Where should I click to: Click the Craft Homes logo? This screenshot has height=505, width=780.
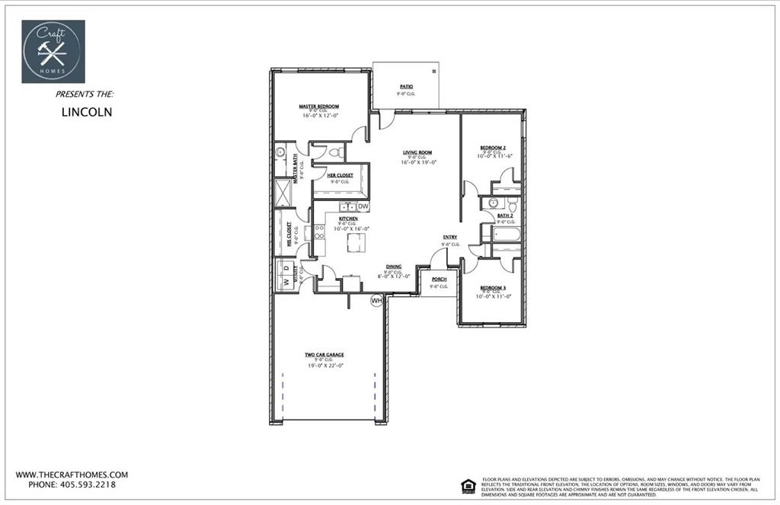pyautogui.click(x=53, y=51)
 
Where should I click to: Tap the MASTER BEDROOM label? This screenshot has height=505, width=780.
pyautogui.click(x=318, y=107)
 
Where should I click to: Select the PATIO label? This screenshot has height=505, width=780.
pyautogui.click(x=406, y=87)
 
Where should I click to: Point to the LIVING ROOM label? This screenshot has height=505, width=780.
pyautogui.click(x=417, y=152)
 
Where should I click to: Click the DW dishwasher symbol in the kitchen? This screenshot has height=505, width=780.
pyautogui.click(x=363, y=206)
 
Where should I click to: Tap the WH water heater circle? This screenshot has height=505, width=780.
pyautogui.click(x=376, y=301)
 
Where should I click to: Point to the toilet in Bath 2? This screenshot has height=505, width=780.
pyautogui.click(x=513, y=205)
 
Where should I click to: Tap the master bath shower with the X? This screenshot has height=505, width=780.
pyautogui.click(x=283, y=192)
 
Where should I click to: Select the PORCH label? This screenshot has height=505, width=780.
pyautogui.click(x=439, y=279)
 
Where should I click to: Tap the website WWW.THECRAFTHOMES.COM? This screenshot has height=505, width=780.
pyautogui.click(x=72, y=474)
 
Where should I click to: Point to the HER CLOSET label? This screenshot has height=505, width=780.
pyautogui.click(x=340, y=175)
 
